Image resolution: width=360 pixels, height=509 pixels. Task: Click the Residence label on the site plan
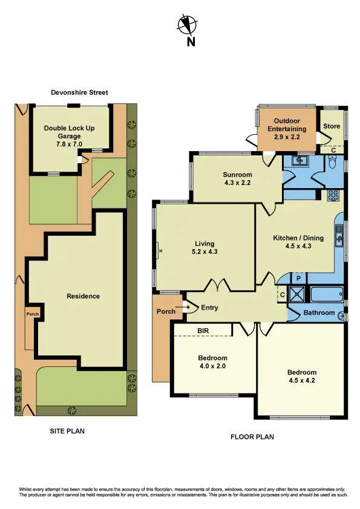pos(83,296)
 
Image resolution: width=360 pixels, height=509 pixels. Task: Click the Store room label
pos(332,126)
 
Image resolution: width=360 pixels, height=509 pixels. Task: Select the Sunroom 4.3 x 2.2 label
pos(237,178)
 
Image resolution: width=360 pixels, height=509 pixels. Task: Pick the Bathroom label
pos(319,313)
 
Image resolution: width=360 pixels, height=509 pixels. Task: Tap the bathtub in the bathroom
pos(326,294)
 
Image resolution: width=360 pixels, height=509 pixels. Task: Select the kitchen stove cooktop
pos(333,196)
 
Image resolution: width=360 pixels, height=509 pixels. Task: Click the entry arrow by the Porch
pos(188,308)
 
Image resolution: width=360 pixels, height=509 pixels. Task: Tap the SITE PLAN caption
pos(67,432)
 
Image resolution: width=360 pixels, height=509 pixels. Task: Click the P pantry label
pos(298,279)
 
